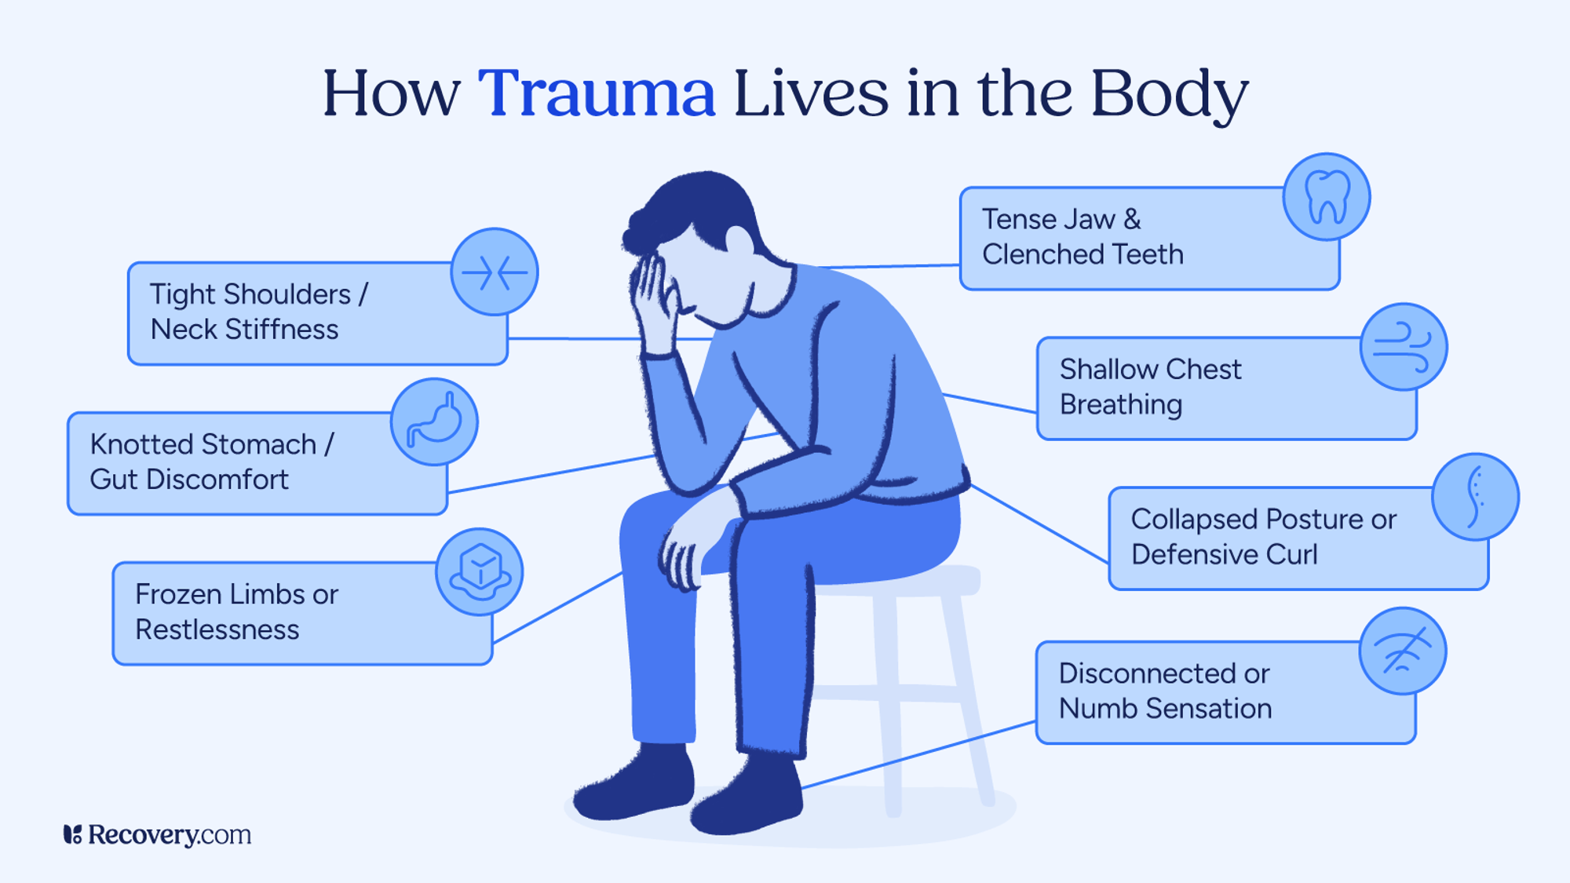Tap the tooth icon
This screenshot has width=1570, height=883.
(x=1327, y=196)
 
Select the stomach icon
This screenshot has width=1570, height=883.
(x=434, y=422)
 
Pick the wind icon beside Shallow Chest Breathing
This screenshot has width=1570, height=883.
(x=1404, y=347)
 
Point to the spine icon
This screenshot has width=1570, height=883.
(x=1475, y=497)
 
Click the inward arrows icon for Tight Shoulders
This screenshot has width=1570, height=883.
(x=495, y=272)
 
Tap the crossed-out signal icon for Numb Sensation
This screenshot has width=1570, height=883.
(x=1403, y=651)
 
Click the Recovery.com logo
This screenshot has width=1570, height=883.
(x=157, y=834)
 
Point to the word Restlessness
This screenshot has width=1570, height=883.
(x=217, y=629)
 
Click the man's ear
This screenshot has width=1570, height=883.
(x=739, y=239)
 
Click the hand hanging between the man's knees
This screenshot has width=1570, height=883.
(x=683, y=549)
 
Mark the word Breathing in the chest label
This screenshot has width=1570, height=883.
(x=1120, y=405)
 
